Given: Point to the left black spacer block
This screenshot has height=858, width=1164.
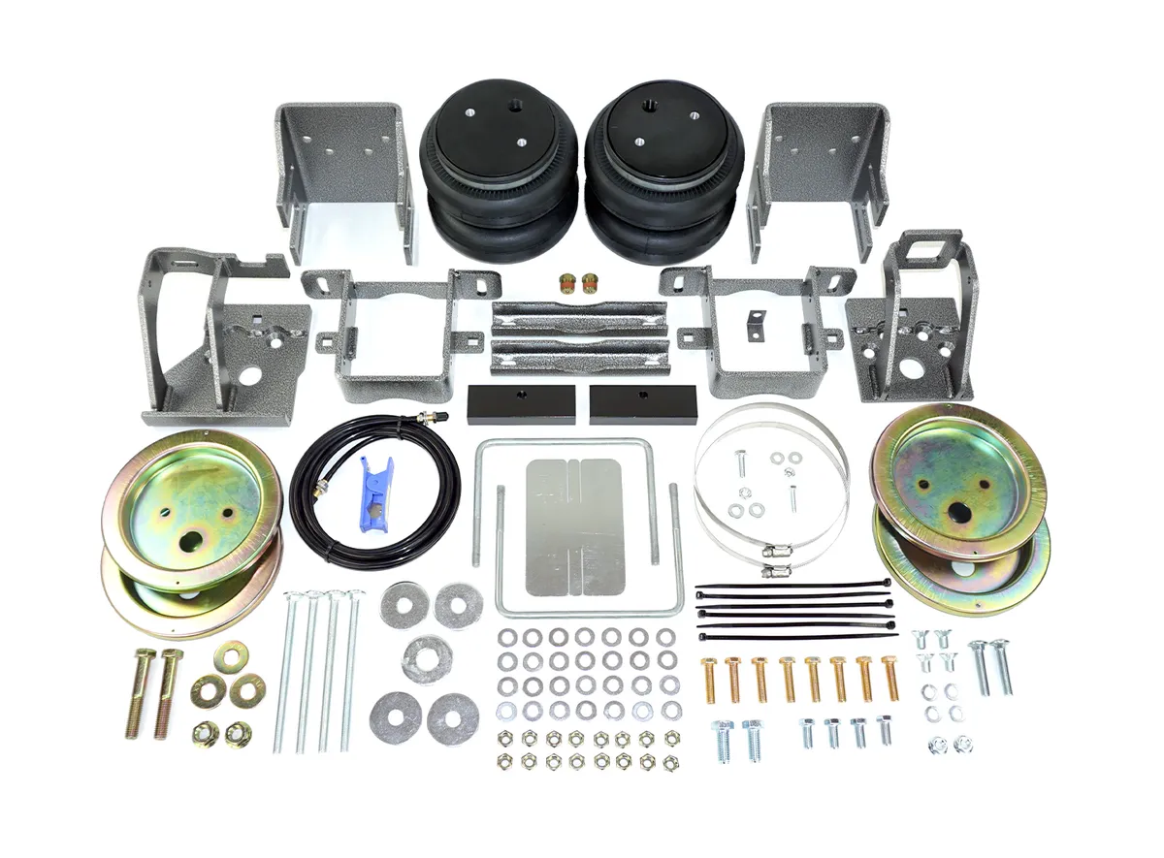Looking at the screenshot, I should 521,399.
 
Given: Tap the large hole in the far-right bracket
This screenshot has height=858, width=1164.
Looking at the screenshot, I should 911,369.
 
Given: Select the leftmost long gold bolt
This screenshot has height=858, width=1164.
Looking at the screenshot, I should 140,692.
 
